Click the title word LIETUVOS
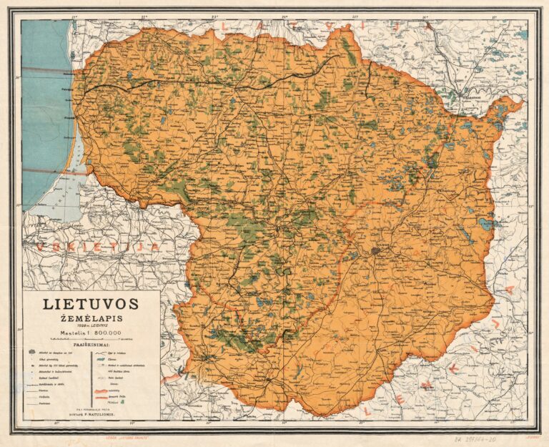click(91, 303)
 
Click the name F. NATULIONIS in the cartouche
click(100, 414)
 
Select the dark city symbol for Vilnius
click(376, 252)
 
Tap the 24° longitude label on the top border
click(284, 16)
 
